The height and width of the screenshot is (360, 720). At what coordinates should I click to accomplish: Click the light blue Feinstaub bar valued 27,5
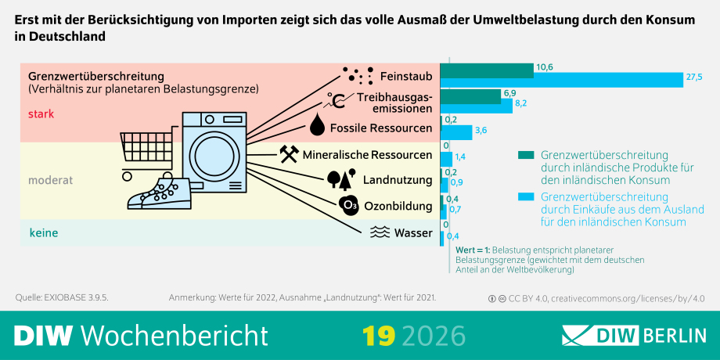(562, 80)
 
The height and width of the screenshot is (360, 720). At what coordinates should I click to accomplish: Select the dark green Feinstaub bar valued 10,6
(488, 70)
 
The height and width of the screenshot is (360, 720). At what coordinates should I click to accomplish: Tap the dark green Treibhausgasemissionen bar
(470, 97)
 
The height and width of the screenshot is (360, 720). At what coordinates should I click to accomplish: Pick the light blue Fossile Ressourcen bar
(456, 132)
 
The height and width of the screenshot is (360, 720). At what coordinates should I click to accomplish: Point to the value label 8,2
(520, 104)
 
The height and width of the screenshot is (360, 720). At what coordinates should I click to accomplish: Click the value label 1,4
(460, 157)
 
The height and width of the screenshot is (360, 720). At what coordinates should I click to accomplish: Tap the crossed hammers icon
(289, 154)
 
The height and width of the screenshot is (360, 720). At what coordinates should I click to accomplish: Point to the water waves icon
(380, 233)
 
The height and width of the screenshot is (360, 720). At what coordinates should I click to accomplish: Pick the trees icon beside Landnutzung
(341, 179)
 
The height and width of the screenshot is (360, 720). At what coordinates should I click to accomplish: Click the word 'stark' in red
(41, 114)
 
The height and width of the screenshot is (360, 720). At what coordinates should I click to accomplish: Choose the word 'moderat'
(51, 181)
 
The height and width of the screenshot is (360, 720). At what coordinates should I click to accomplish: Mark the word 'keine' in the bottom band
(44, 233)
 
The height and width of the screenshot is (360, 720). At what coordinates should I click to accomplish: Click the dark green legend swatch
(526, 155)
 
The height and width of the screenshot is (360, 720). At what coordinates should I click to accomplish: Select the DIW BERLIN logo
(634, 336)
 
